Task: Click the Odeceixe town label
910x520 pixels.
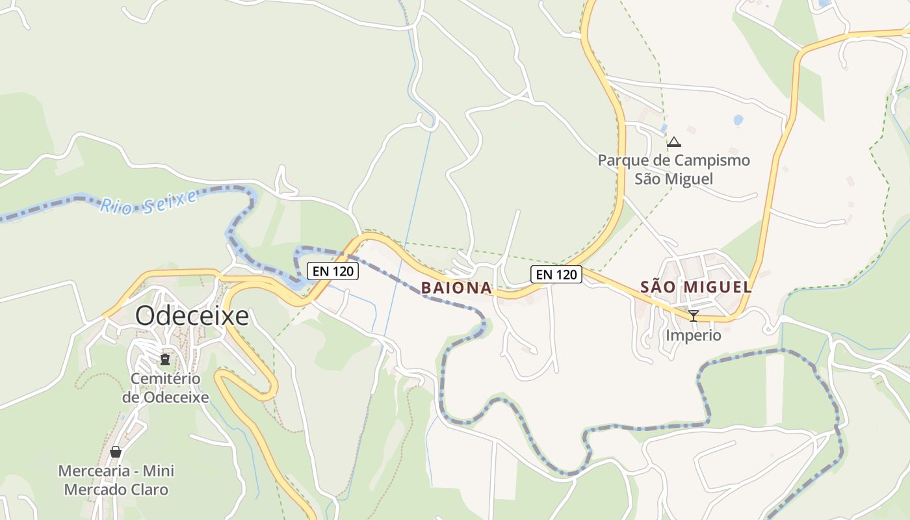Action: coord(192,316)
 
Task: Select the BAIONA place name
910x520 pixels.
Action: coord(456,287)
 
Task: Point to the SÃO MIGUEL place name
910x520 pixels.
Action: coord(696,287)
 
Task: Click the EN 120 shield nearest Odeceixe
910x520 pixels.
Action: coord(333,271)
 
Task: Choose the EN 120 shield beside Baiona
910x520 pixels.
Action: coord(556,274)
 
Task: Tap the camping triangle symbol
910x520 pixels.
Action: coord(674,142)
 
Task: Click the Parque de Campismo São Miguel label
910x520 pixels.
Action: coord(674,169)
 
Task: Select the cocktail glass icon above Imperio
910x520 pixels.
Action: coord(693,316)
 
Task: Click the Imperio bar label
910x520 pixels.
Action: coord(693,335)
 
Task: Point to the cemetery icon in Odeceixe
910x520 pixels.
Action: coord(165,359)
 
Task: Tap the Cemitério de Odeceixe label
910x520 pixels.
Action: coord(165,387)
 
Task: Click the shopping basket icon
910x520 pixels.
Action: coord(116,452)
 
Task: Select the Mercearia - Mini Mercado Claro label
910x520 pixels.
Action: coord(116,480)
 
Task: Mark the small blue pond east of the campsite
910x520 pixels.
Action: coord(738,120)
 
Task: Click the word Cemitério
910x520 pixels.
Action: coord(165,378)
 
